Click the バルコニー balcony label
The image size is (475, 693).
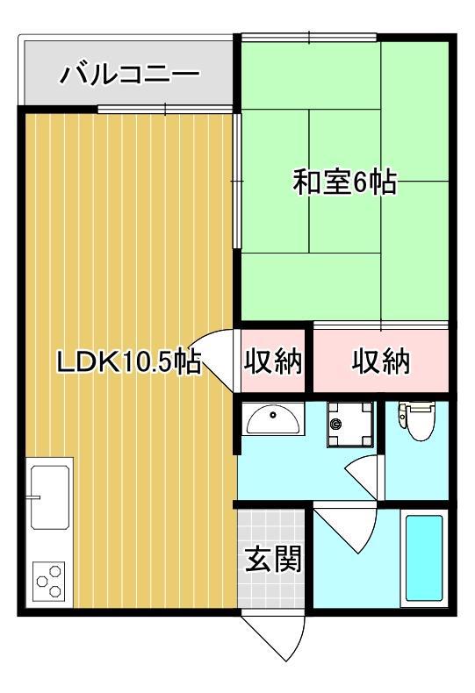tap(130, 75)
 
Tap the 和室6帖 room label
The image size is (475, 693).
tap(344, 182)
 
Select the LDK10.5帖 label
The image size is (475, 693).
tap(129, 362)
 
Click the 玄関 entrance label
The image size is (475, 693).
tap(273, 559)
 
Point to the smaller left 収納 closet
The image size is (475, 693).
tap(273, 361)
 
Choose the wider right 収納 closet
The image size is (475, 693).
tap(381, 361)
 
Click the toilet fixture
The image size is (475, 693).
tap(417, 420)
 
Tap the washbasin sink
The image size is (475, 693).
tap(273, 419)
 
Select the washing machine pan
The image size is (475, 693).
tap(349, 425)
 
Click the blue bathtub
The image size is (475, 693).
tap(424, 558)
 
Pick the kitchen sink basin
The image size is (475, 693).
tap(49, 497)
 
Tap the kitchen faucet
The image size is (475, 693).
tap(33, 497)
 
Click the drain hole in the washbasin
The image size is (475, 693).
tap(273, 415)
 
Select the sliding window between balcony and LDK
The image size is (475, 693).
tap(165, 109)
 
